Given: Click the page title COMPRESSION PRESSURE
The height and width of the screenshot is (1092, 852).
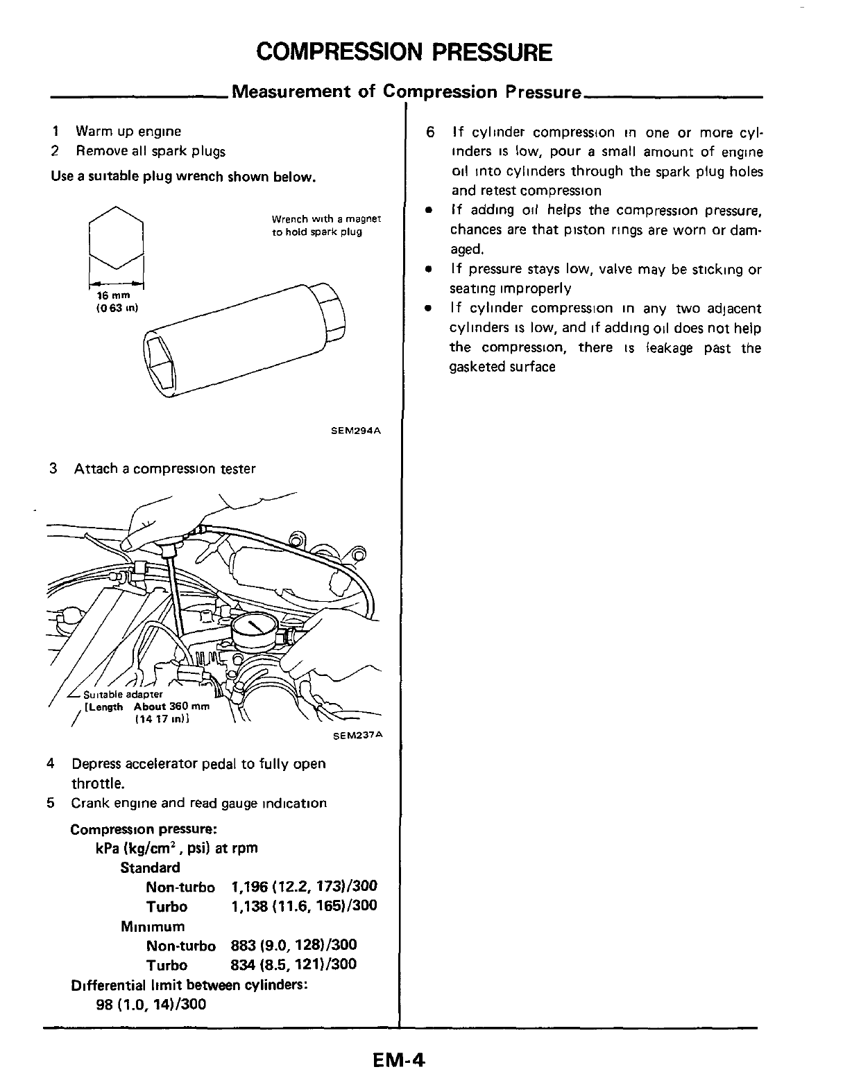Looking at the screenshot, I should tap(404, 52).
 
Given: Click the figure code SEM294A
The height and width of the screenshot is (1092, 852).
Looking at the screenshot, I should tap(357, 431).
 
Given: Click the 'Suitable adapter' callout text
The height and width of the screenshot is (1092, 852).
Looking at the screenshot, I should tap(123, 695).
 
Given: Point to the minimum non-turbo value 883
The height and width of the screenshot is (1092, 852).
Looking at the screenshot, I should tap(244, 945).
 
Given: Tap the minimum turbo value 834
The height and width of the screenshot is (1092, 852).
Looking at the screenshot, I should tap(244, 964).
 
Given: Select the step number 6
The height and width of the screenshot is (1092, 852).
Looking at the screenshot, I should tap(431, 132).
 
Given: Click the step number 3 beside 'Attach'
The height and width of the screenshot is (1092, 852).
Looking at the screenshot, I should tap(53, 469).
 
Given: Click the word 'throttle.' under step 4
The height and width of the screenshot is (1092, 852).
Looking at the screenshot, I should tap(98, 784).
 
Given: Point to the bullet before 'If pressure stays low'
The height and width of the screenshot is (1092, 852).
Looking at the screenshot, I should tap(431, 269).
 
